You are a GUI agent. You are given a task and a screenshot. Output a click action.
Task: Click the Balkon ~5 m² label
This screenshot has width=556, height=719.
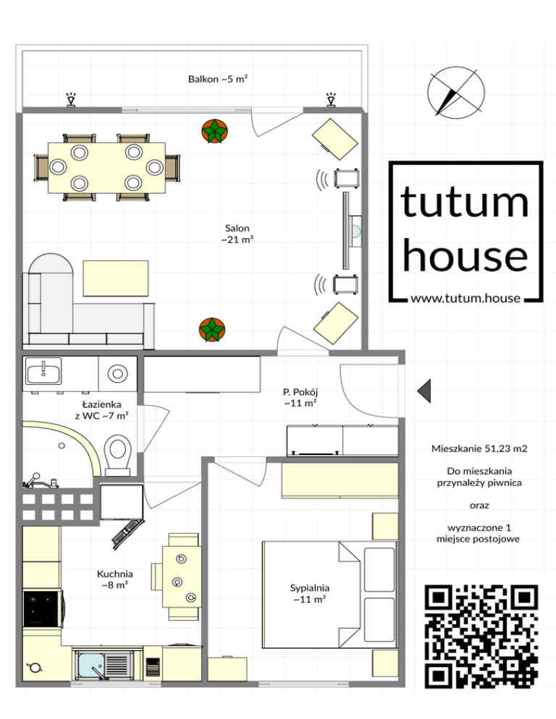[218, 79]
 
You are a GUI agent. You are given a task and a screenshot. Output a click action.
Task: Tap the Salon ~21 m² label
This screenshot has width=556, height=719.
[237, 234]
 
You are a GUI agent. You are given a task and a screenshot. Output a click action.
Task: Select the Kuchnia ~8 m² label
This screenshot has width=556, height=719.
[115, 579]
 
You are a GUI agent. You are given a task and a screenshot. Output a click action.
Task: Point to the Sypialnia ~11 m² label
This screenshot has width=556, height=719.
[309, 593]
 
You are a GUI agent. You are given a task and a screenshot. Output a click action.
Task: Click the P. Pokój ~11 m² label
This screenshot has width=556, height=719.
[300, 398]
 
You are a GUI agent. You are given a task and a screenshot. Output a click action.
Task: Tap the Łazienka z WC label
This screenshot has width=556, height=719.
[101, 410]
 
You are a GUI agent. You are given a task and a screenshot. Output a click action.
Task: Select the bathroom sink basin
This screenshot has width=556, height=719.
[43, 371]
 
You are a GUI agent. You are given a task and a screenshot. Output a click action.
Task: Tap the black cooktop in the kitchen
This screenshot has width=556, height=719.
[43, 608]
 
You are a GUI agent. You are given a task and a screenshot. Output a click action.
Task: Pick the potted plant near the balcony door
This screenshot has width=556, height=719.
[214, 131]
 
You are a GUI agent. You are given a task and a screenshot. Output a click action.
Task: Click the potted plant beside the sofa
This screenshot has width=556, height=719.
[212, 330]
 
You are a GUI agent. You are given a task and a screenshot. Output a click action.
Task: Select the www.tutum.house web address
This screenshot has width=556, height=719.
[465, 298]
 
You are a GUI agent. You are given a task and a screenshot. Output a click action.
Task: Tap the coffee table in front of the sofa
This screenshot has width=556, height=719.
[116, 278]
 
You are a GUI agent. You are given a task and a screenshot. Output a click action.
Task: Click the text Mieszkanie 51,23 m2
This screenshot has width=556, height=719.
[479, 448]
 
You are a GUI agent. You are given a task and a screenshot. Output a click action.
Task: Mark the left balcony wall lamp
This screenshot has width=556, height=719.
[71, 100]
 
